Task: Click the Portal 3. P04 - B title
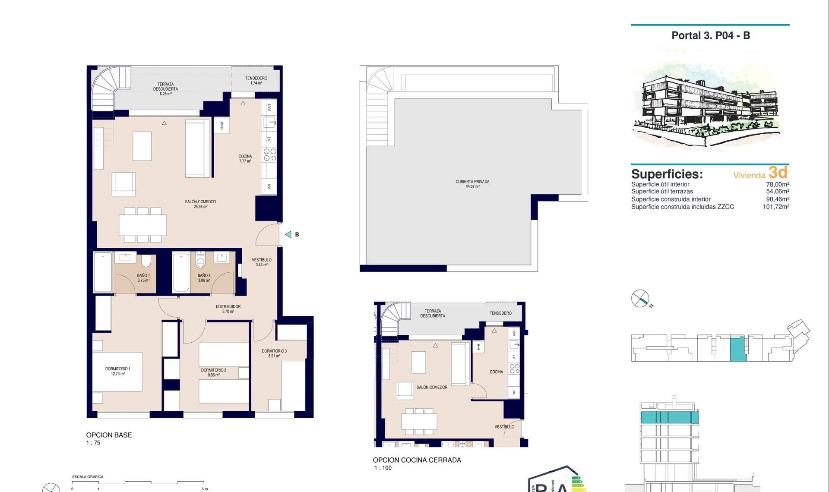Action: tap(710, 36)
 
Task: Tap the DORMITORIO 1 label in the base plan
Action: tap(117, 371)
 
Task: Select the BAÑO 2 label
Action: tap(204, 278)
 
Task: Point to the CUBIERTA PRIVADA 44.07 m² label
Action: tap(472, 184)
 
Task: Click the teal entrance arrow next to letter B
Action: tap(288, 234)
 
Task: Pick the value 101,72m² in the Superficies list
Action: tap(775, 207)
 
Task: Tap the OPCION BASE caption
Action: tap(109, 435)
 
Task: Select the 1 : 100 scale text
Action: tap(383, 468)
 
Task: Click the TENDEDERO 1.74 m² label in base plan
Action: tap(256, 81)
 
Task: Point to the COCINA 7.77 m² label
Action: tap(245, 158)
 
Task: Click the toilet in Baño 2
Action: tap(200, 260)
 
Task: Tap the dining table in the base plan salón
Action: tap(142, 225)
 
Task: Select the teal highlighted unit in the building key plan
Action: tap(737, 349)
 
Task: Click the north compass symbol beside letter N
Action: tap(640, 298)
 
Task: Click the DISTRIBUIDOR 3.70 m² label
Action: tap(228, 309)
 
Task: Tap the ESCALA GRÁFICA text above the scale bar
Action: tap(88, 477)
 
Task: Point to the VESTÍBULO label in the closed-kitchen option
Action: tap(504, 427)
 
